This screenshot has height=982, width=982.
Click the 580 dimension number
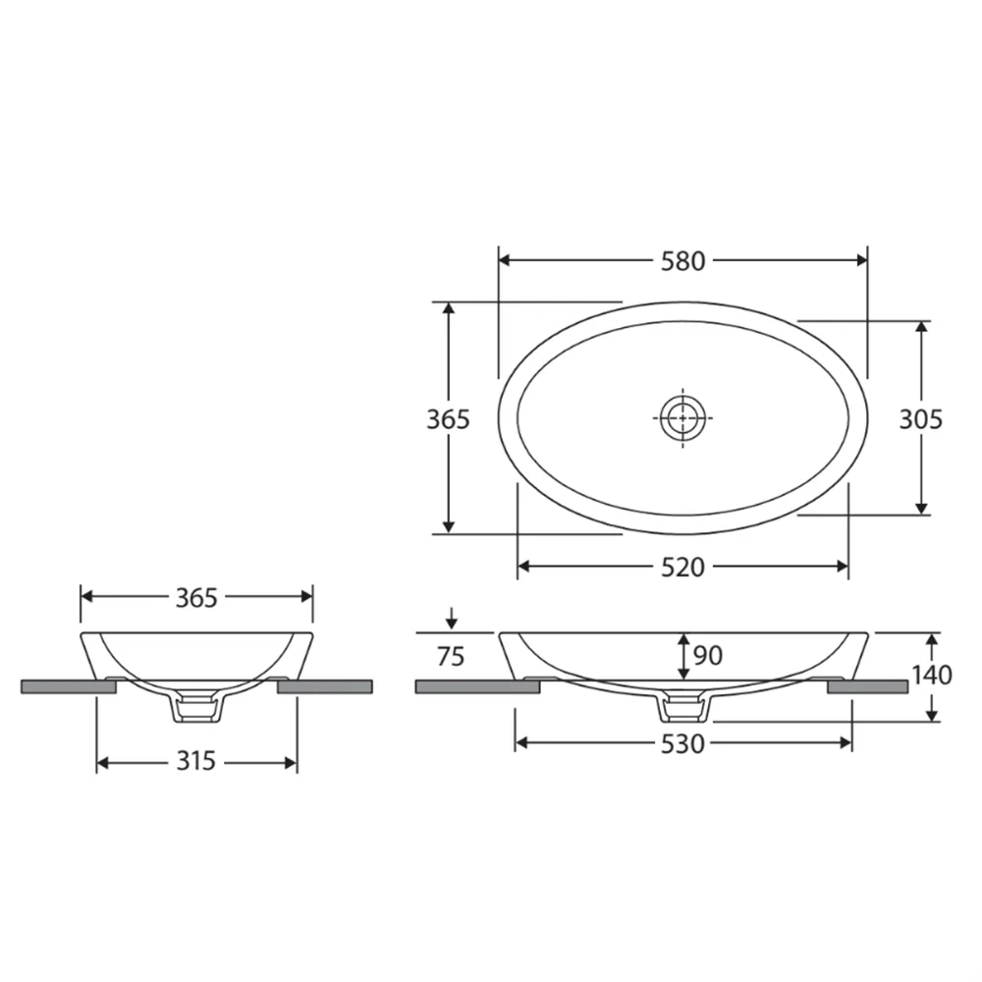click(x=682, y=261)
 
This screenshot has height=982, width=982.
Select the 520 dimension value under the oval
click(x=682, y=568)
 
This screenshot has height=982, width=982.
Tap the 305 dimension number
click(x=921, y=419)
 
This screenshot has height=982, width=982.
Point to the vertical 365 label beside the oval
click(x=448, y=419)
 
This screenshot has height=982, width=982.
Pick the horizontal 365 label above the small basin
click(x=195, y=597)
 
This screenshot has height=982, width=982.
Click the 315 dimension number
click(x=195, y=762)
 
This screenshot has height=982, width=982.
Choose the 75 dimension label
click(x=450, y=657)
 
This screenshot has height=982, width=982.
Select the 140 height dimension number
click(x=931, y=676)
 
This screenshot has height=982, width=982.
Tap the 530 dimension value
click(x=682, y=743)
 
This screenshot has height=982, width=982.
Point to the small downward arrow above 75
click(x=450, y=619)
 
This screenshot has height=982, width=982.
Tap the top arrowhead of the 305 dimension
click(x=921, y=327)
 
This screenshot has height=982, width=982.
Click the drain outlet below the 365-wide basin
click(x=197, y=707)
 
